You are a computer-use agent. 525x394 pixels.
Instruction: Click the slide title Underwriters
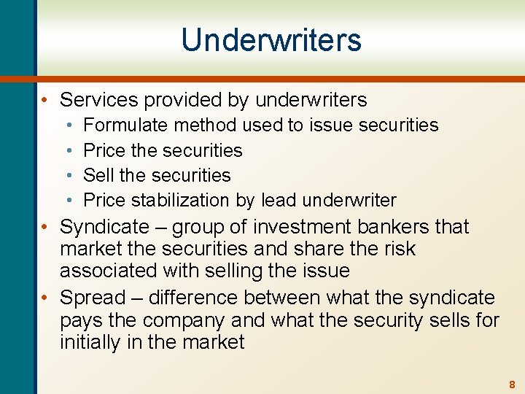(271, 39)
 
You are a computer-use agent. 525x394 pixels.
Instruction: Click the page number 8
(512, 384)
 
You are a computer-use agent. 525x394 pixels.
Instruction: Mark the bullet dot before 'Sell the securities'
(73, 175)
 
